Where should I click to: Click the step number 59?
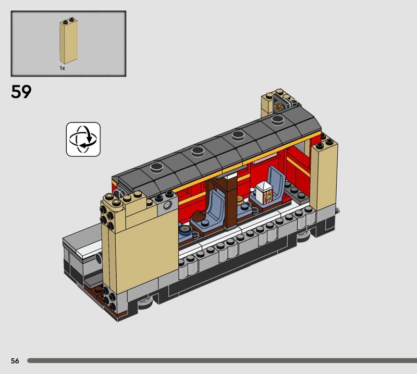[21, 92]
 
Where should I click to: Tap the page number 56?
[15, 360]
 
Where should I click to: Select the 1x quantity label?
[62, 68]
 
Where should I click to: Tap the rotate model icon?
[83, 139]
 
